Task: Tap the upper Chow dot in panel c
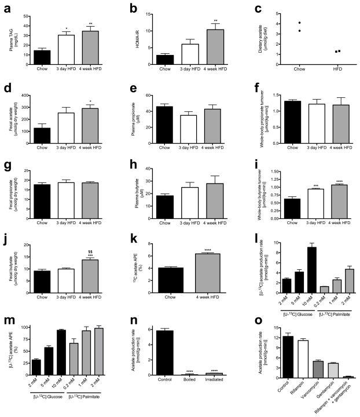[267, 23]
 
